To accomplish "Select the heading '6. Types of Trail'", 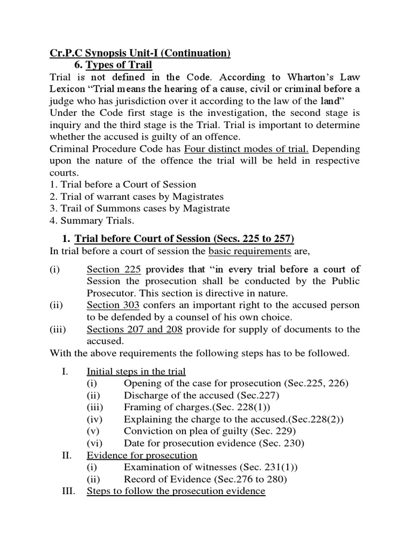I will click(113, 65).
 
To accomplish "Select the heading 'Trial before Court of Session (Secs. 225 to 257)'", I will click(184, 238).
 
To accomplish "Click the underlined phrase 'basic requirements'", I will click(250, 251).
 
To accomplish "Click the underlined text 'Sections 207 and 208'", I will click(135, 329).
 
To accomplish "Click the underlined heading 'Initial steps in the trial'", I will click(136, 371).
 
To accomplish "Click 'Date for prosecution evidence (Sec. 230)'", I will click(214, 443).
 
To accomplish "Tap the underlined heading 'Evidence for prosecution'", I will click(142, 455).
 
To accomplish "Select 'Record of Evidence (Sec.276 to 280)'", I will click(206, 479).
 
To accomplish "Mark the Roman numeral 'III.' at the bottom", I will click(70, 490).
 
